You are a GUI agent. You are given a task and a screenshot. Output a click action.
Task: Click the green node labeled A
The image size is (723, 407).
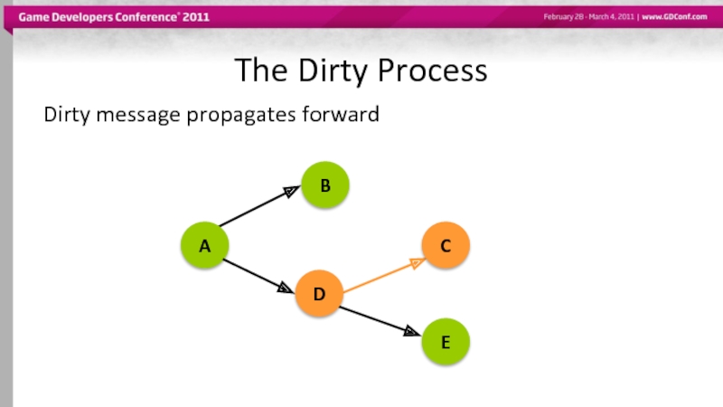[x=205, y=245]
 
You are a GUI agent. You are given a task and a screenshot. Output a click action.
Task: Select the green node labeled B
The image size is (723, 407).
[x=325, y=185]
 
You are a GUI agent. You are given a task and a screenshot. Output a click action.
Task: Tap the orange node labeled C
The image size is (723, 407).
[x=446, y=245]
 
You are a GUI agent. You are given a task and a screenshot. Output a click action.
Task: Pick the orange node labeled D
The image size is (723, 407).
[x=319, y=294]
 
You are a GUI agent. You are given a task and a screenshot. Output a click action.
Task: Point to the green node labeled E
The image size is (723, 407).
[x=446, y=342]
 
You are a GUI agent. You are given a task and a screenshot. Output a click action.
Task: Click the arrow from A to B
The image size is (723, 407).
[x=258, y=207]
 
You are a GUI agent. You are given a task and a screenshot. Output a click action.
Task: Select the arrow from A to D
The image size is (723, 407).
[x=258, y=275]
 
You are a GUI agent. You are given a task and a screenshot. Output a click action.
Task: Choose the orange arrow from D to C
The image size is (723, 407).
[x=381, y=276]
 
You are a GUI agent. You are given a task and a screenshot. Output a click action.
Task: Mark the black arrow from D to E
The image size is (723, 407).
[x=380, y=321]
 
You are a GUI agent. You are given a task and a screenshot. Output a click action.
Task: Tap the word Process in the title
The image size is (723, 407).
[x=433, y=71]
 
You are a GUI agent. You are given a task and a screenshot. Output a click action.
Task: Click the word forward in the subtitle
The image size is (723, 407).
[x=343, y=115]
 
